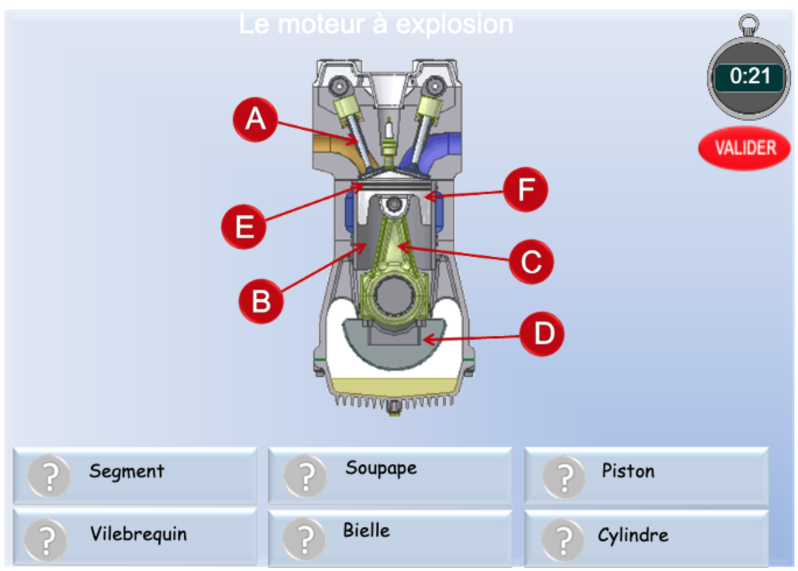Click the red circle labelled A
pyautogui.click(x=255, y=120)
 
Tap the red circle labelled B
pyautogui.click(x=261, y=301)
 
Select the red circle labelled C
pyautogui.click(x=531, y=262)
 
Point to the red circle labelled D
pyautogui.click(x=542, y=334)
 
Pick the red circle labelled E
pyautogui.click(x=243, y=227)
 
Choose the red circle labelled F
pyautogui.click(x=525, y=189)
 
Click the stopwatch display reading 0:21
pyautogui.click(x=749, y=76)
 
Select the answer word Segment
pyautogui.click(x=126, y=471)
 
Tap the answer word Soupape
pyautogui.click(x=381, y=468)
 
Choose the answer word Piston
pyautogui.click(x=628, y=471)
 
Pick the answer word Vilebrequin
pyautogui.click(x=138, y=534)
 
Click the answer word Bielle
pyautogui.click(x=366, y=530)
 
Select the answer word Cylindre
pyautogui.click(x=633, y=535)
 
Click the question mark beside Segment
pyautogui.click(x=50, y=476)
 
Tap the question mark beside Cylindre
pyautogui.click(x=563, y=540)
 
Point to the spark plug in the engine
pyautogui.click(x=389, y=140)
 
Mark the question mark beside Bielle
pyautogui.click(x=305, y=539)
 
